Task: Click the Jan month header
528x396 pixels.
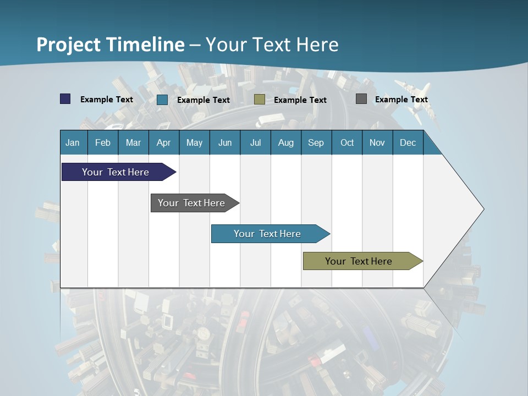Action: pyautogui.click(x=73, y=142)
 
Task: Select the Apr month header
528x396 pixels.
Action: pyautogui.click(x=163, y=142)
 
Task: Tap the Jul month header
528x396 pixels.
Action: pyautogui.click(x=255, y=142)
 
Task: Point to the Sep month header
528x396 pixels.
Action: pyautogui.click(x=316, y=142)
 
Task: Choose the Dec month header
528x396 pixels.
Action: pyautogui.click(x=408, y=142)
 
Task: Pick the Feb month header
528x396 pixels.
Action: pyautogui.click(x=103, y=142)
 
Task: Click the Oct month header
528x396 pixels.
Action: pyautogui.click(x=347, y=142)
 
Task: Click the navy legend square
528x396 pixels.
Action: pyautogui.click(x=65, y=99)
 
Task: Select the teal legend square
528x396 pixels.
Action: pyautogui.click(x=162, y=100)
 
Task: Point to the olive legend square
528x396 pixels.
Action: pyautogui.click(x=260, y=100)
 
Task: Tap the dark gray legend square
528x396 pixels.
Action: pyautogui.click(x=361, y=99)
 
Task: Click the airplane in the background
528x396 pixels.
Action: pyautogui.click(x=414, y=99)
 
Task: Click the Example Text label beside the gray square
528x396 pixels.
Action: pyautogui.click(x=401, y=100)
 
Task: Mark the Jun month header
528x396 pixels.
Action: pyautogui.click(x=225, y=142)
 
